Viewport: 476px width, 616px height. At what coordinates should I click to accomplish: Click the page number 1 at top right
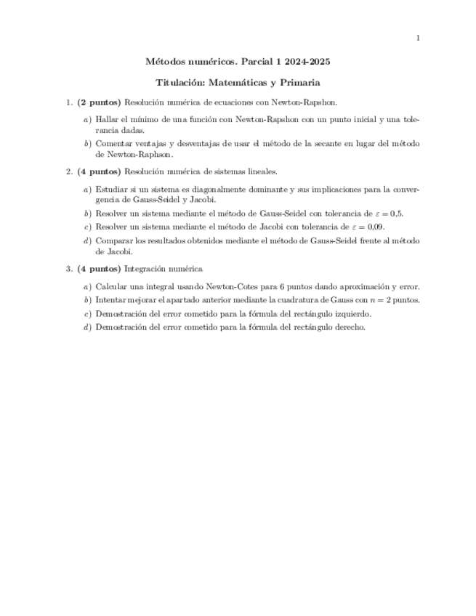pos(417,38)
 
